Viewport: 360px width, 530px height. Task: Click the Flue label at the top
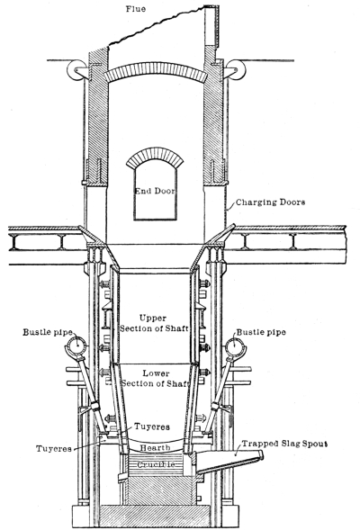136,9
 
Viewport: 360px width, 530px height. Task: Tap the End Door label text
155,191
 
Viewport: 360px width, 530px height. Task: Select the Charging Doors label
270,202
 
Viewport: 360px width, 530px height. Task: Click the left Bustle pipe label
48,332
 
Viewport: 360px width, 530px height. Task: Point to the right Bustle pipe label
261,332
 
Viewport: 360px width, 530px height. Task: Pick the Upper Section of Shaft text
154,323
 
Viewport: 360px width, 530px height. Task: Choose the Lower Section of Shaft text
155,378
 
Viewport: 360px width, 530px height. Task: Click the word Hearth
155,448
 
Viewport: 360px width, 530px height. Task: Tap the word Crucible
156,464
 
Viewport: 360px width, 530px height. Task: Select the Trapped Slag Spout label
284,444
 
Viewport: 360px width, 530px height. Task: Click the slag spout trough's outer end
261,455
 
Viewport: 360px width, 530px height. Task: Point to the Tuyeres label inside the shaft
152,427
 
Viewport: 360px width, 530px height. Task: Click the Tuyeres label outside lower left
54,449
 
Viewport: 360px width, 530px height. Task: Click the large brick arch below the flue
156,67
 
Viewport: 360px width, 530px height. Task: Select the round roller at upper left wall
76,70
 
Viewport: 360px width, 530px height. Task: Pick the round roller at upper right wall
236,70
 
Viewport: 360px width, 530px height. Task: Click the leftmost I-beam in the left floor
15,242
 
